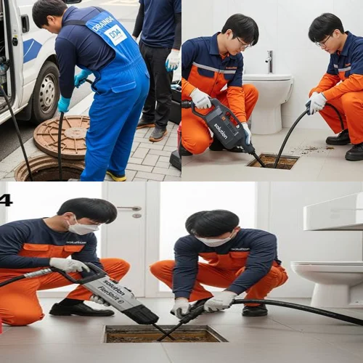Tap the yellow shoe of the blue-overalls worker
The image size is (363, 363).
tap(116, 176)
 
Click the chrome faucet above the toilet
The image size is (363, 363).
tap(269, 61)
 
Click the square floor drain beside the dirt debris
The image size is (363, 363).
tap(272, 161)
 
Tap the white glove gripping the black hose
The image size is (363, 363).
tap(317, 102)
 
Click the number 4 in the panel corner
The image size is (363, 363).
tap(5, 200)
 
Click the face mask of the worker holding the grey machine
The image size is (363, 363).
tap(83, 228)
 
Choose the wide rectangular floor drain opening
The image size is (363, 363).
tap(165, 334)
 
